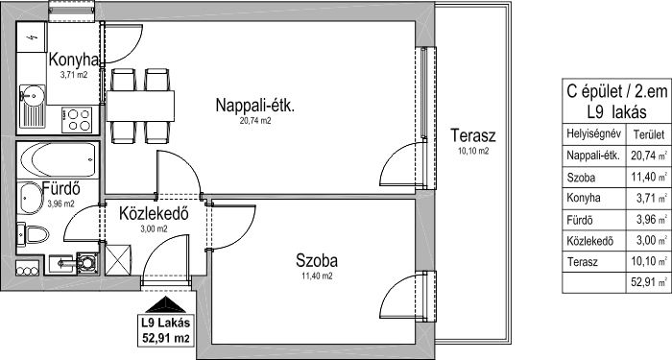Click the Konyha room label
[x=74, y=60]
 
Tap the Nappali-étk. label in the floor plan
[x=255, y=106]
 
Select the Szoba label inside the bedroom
[x=317, y=260]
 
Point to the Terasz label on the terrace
[x=473, y=135]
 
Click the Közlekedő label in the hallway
[x=154, y=213]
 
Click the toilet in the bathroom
[x=33, y=235]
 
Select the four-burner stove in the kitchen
[x=78, y=120]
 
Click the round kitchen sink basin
[x=32, y=94]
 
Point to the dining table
[x=140, y=106]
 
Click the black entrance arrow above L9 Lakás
[x=166, y=304]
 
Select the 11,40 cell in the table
[x=644, y=177]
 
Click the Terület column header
[x=648, y=135]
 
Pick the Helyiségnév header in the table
[x=593, y=133]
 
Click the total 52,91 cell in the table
[x=644, y=282]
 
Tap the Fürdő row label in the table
[x=580, y=220]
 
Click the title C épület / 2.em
[x=616, y=91]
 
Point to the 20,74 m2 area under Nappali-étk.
[x=255, y=121]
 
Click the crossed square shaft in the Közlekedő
[x=117, y=259]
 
